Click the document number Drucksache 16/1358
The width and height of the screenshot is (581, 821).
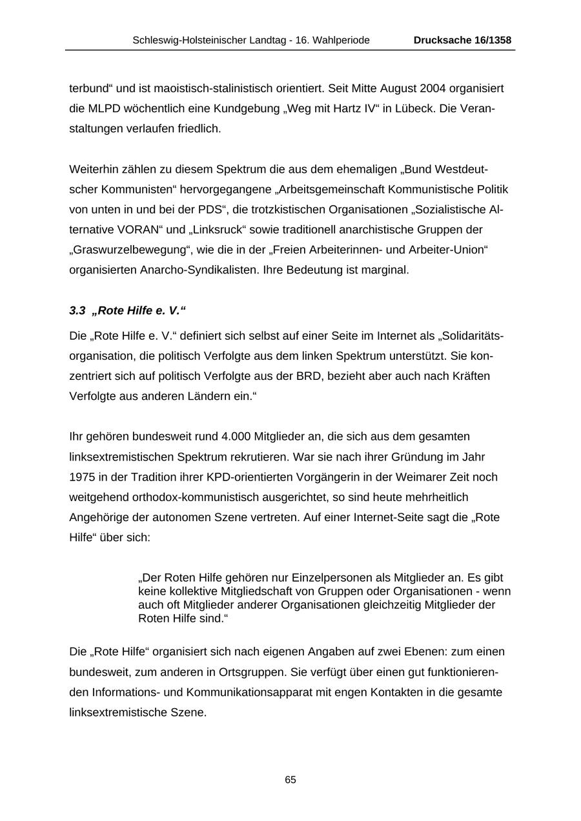click(462, 41)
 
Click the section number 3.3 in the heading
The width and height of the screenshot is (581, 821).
click(77, 311)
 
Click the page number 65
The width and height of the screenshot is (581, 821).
click(290, 780)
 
